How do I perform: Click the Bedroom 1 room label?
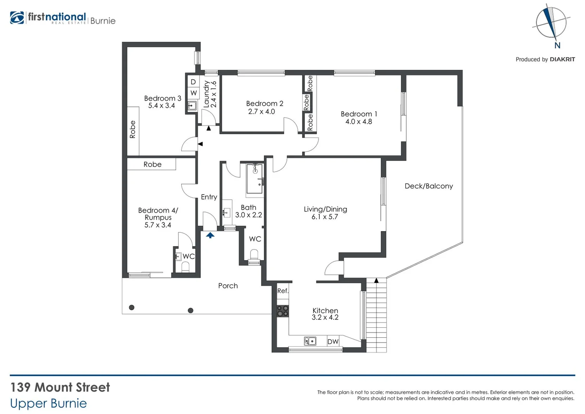click(x=359, y=114)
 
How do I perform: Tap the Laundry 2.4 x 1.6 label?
click(x=210, y=94)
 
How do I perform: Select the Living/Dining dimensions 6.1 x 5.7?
click(x=324, y=217)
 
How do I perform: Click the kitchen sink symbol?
click(x=310, y=341)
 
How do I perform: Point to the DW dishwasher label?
click(x=333, y=342)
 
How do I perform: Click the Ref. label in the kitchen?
click(x=283, y=291)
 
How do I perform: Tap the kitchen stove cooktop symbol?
click(x=283, y=311)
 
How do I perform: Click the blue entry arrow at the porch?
click(x=210, y=235)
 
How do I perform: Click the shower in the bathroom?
click(x=254, y=179)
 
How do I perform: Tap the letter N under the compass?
click(x=557, y=46)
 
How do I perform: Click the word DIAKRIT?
click(x=562, y=59)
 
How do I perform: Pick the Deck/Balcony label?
click(x=429, y=186)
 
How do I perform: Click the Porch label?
click(x=228, y=286)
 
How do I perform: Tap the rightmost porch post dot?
click(x=190, y=310)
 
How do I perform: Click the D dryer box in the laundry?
click(x=193, y=82)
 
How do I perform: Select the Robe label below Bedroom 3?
click(x=152, y=164)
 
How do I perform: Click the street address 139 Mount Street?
click(x=60, y=387)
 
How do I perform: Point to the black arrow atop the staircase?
click(x=376, y=281)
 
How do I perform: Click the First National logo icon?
click(x=17, y=18)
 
